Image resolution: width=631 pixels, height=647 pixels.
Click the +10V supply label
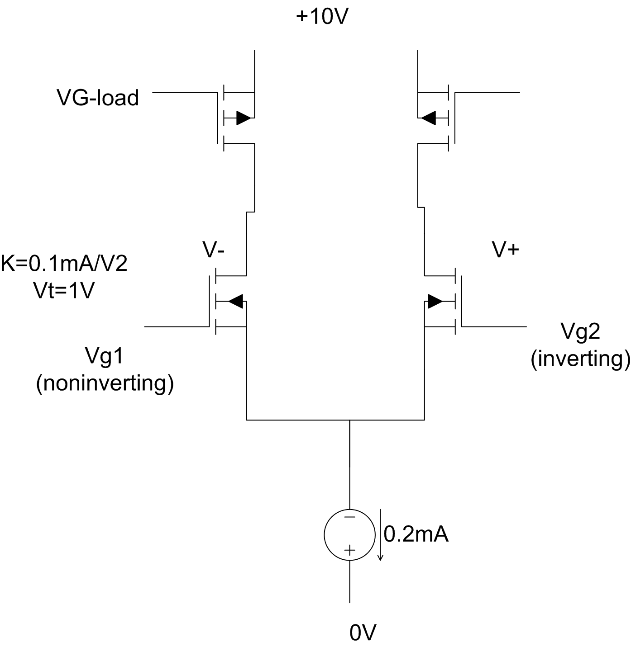(x=322, y=17)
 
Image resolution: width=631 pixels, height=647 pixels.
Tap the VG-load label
(x=98, y=98)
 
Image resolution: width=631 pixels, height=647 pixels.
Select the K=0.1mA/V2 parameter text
(x=64, y=264)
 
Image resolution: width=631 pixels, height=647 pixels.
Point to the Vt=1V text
(x=64, y=290)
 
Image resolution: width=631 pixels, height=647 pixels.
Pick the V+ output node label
(x=505, y=250)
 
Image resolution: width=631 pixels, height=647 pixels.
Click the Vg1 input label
(x=105, y=356)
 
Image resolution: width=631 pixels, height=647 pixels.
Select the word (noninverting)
(x=105, y=383)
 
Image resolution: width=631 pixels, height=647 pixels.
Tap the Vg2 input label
(x=580, y=331)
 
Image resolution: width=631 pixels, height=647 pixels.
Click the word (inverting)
(x=580, y=359)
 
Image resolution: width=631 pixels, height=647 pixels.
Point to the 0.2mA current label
(x=416, y=535)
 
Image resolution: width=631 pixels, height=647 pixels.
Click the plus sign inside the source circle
(x=349, y=550)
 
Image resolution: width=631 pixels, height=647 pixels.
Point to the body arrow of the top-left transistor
(x=243, y=119)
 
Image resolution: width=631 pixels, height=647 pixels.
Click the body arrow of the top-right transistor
(x=428, y=119)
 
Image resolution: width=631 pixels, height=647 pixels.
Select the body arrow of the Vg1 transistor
(x=235, y=301)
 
